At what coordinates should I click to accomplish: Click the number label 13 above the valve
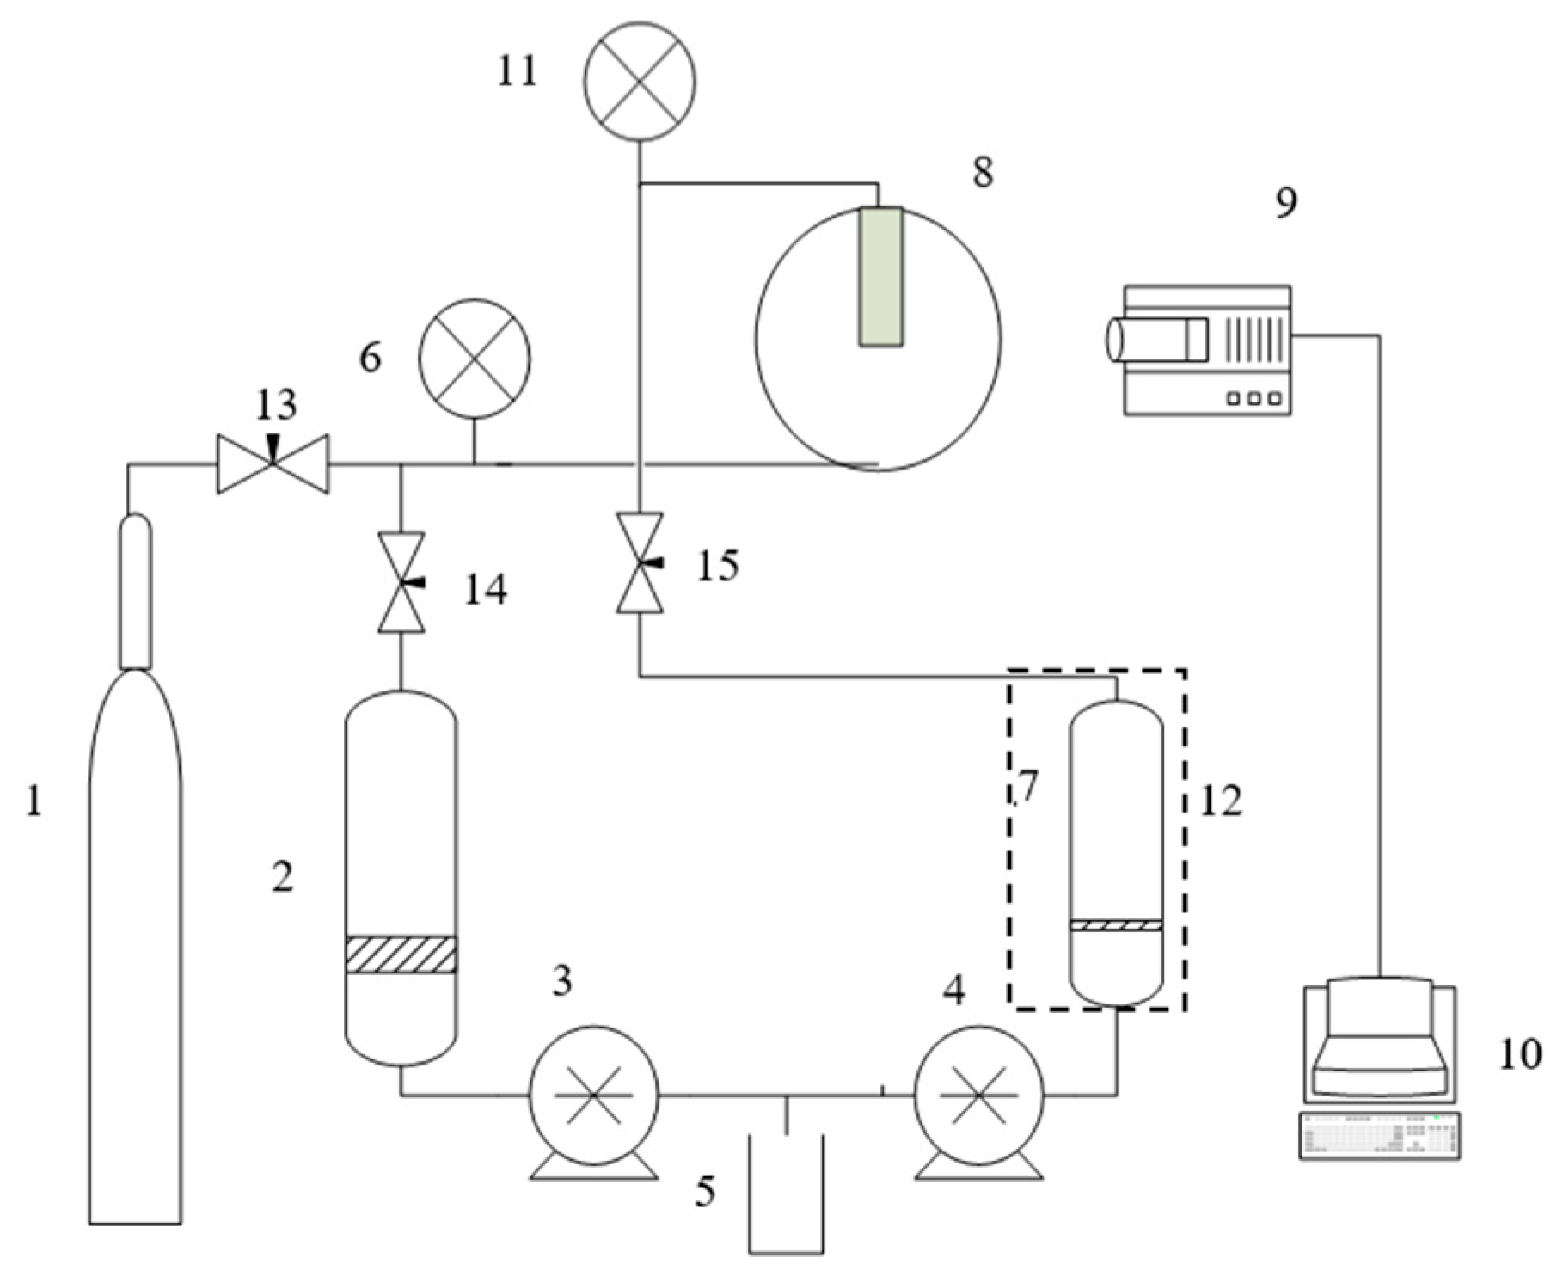277,404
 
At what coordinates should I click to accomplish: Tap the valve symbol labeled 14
401,582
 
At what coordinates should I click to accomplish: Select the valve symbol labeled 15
640,562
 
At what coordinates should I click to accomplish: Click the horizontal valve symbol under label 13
273,463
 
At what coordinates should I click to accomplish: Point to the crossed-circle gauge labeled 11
639,81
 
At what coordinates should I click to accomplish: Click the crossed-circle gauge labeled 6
475,359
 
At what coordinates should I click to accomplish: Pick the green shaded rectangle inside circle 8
881,277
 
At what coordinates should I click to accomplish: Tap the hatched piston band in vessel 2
401,954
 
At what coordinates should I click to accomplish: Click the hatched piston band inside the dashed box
1116,925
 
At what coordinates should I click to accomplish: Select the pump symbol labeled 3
593,1095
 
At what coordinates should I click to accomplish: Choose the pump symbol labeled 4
978,1095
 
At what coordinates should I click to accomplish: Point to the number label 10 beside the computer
1520,1054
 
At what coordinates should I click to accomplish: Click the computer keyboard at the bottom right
1379,1136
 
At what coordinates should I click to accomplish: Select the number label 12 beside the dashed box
1221,801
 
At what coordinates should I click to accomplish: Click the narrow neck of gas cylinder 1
135,591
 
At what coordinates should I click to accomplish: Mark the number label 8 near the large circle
983,172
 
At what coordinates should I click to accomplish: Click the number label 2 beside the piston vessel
282,877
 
